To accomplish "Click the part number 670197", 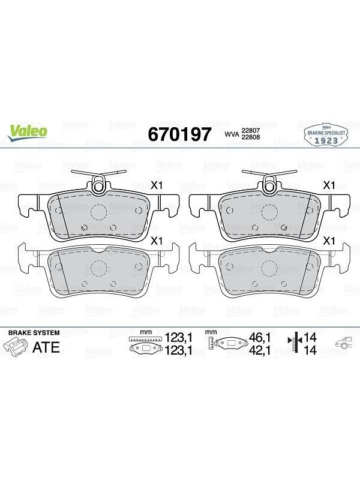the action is [179, 134].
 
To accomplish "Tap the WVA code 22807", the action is [251, 130].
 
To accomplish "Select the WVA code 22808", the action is [251, 137].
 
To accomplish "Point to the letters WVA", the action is [232, 134].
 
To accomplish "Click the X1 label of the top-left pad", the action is [157, 185].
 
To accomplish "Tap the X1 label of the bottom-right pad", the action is [329, 241].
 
